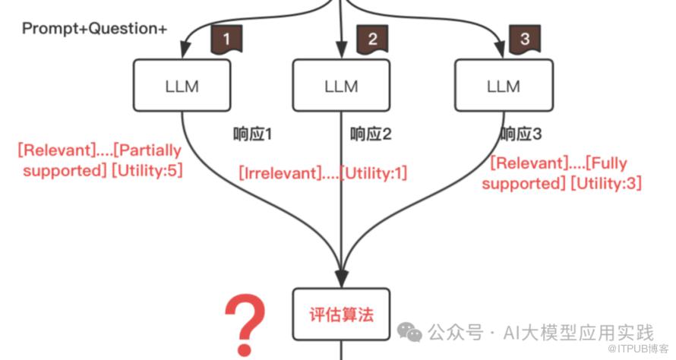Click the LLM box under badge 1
(182, 86)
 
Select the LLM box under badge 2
(341, 86)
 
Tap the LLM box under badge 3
(502, 86)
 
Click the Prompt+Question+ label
(94, 29)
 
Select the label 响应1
(252, 134)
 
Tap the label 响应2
(371, 134)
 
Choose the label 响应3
(521, 134)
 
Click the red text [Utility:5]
(147, 170)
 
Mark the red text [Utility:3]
(606, 183)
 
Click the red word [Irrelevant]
(276, 173)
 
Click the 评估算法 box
(341, 314)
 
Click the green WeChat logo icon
(411, 331)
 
